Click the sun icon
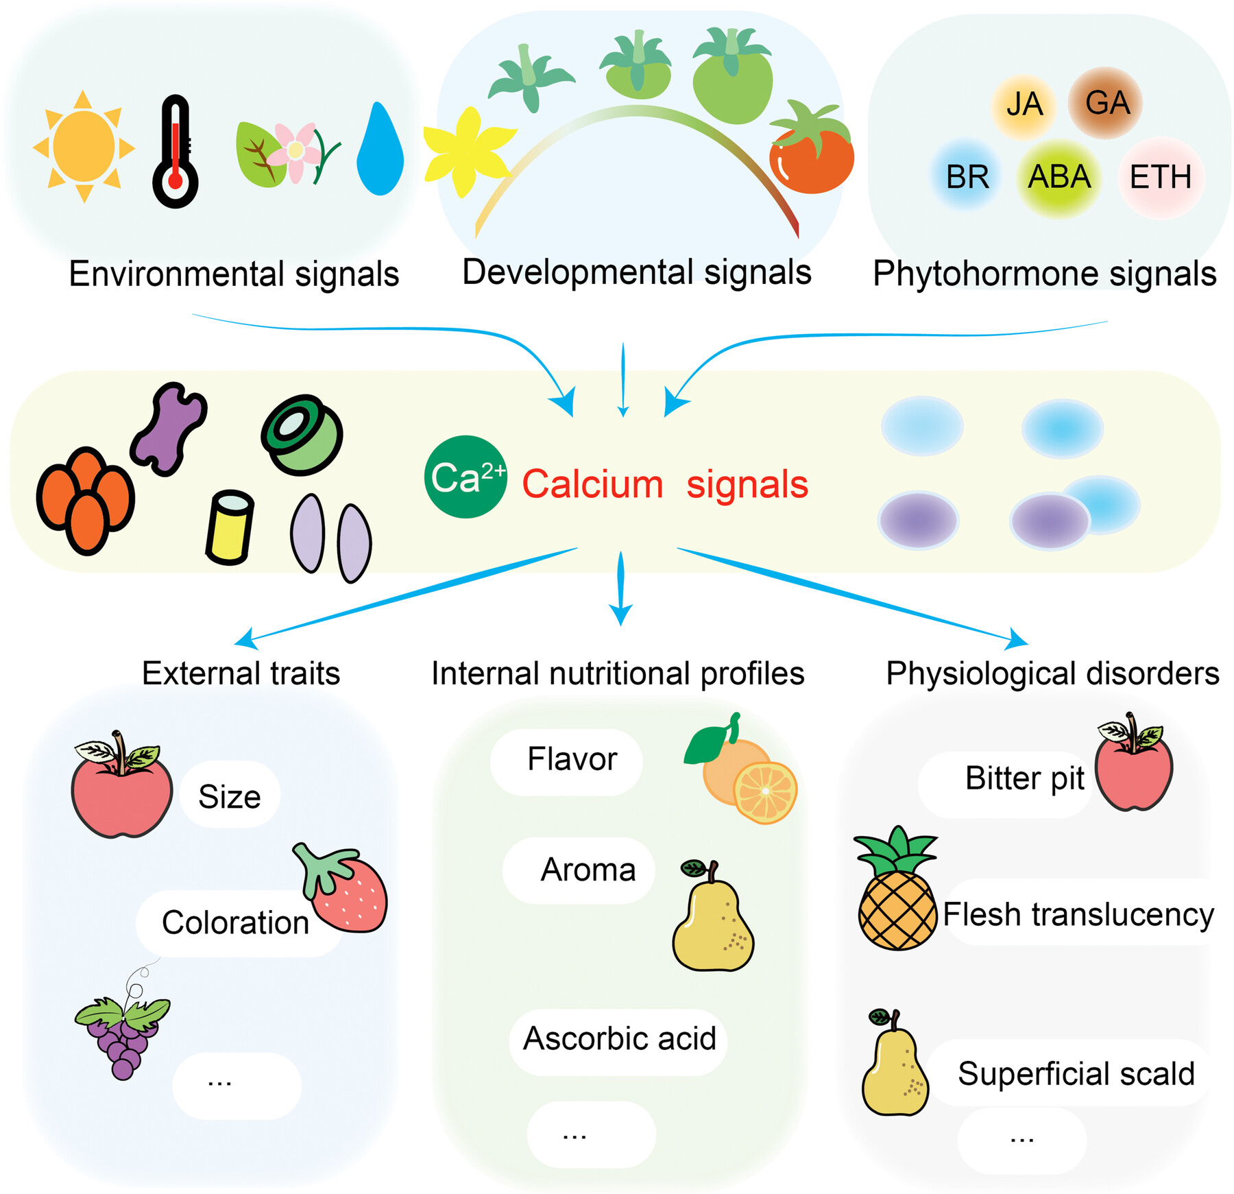point(84,146)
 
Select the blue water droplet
point(380,151)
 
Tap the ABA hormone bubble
point(1058,177)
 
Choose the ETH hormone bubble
point(1160,177)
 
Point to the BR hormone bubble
point(967,177)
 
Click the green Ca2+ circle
point(466,477)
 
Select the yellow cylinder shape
point(230,527)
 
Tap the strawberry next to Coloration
point(346,889)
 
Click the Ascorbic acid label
point(619,1038)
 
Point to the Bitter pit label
point(1024,778)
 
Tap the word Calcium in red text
point(592,484)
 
